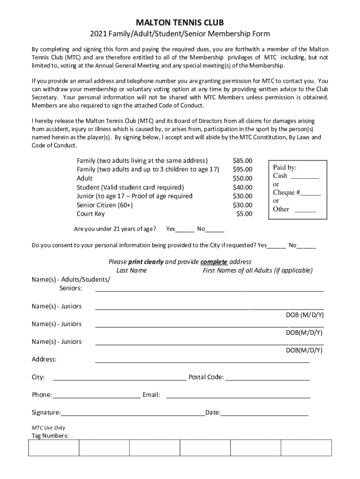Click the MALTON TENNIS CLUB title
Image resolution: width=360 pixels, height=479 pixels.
pos(180,22)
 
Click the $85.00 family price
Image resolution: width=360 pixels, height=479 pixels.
pos(242,160)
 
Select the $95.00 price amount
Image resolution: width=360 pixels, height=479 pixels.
pos(242,169)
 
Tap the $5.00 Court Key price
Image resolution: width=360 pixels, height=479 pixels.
pos(244,214)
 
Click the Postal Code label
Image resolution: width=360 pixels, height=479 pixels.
pos(206,377)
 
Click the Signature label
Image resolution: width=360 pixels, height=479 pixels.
pos(46,413)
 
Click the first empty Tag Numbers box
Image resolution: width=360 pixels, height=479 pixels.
pos(54,448)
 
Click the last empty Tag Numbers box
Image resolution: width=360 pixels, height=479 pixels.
pos(306,448)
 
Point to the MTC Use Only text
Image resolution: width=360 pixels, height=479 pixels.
pos(48,428)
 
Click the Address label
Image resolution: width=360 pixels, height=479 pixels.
pos(44,359)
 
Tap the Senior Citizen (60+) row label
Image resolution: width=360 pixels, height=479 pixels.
pos(105,205)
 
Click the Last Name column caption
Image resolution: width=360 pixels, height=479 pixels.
pos(131,270)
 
